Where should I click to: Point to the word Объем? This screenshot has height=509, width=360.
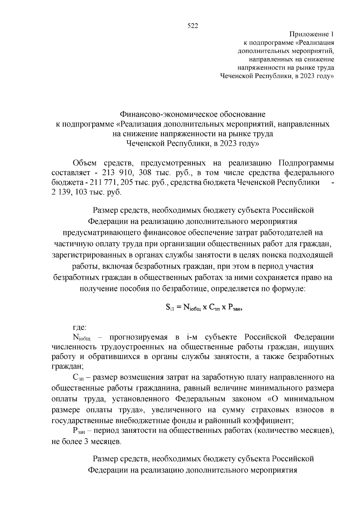tap(85, 163)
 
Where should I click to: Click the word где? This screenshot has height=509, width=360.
tap(80, 327)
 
